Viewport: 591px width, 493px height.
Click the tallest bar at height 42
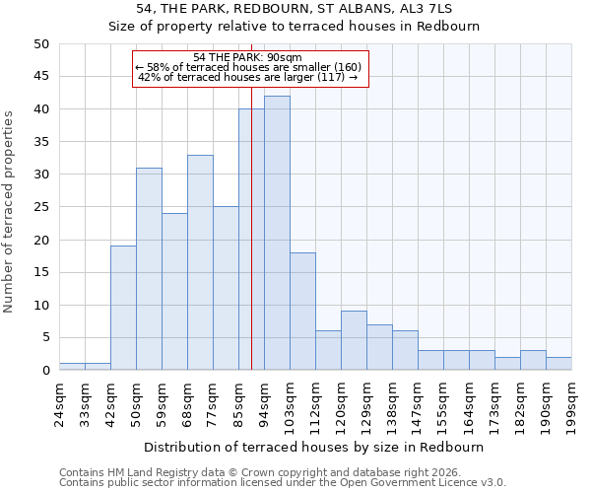click(277, 233)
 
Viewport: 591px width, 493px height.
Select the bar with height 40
click(251, 240)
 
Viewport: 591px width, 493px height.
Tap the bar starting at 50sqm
click(149, 269)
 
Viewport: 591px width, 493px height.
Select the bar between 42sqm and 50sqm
click(123, 308)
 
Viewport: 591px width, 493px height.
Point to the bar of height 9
click(354, 340)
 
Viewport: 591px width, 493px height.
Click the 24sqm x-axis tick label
click(59, 400)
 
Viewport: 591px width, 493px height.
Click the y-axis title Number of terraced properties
click(10, 211)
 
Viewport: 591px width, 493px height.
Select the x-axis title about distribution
click(314, 447)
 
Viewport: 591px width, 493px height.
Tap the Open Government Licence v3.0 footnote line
click(282, 482)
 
